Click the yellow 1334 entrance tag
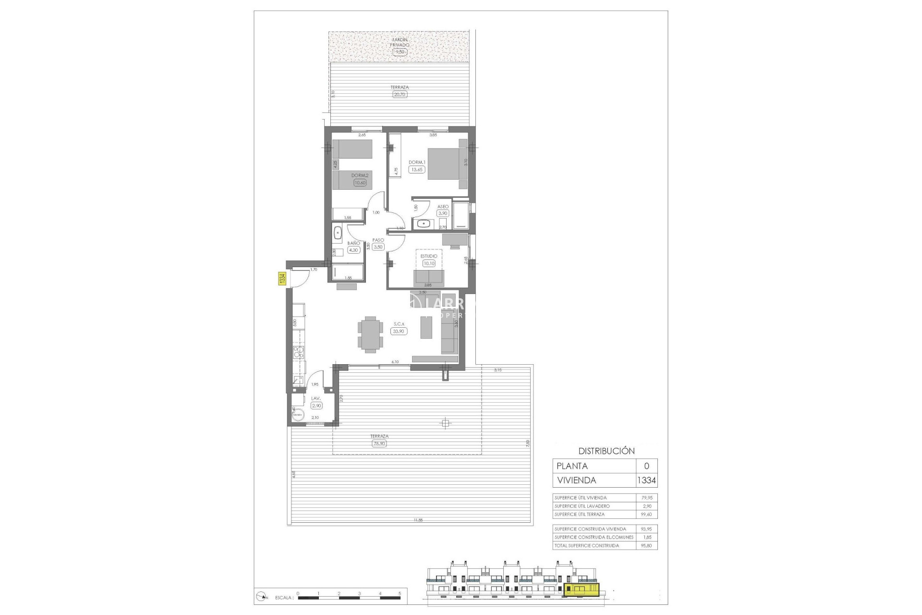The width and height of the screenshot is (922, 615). (282, 279)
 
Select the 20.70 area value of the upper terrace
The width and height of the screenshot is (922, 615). (400, 95)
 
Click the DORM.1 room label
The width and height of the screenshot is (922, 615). (417, 162)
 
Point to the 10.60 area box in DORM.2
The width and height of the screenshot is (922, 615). (360, 183)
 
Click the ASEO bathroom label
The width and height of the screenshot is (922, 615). (442, 207)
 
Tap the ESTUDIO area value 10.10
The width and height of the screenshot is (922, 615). (428, 263)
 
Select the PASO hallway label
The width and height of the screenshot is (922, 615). (378, 240)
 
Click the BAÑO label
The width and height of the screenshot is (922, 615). (353, 243)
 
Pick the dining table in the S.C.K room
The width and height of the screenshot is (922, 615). (370, 334)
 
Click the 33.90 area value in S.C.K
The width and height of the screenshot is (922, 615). (399, 331)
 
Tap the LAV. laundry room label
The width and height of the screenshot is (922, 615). (315, 398)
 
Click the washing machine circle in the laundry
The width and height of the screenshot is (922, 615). (298, 415)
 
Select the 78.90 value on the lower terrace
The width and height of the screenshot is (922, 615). (379, 443)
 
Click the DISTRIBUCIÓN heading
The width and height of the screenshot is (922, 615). (606, 451)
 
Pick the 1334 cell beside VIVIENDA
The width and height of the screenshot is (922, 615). (646, 480)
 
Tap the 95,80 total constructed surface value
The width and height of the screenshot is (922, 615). (646, 545)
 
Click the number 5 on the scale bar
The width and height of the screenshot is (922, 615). (400, 593)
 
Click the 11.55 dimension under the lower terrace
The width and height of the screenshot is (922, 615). (417, 520)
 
